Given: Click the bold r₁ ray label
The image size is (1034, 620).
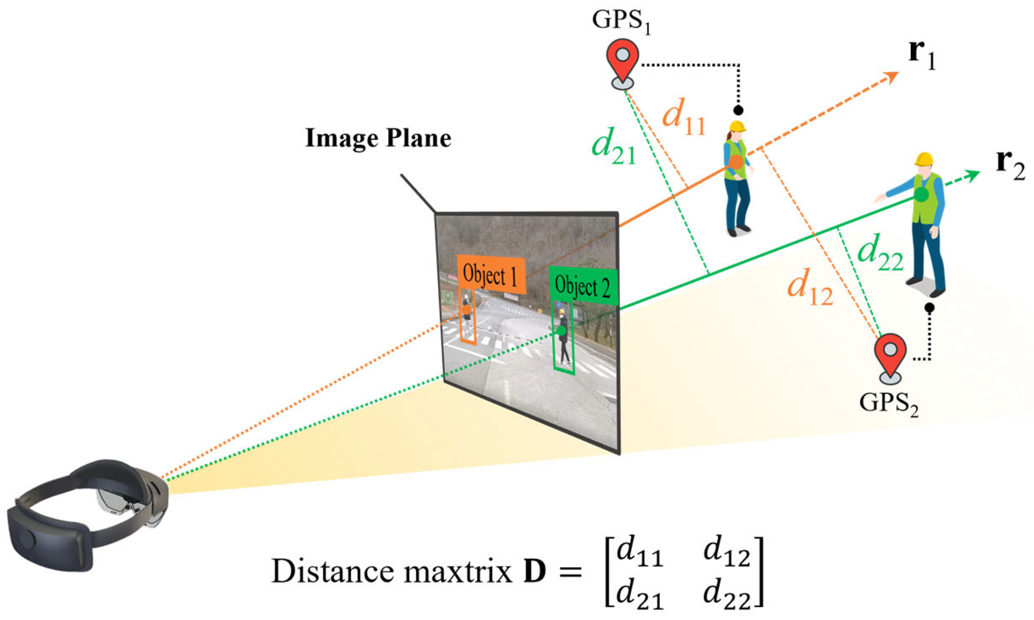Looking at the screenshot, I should tap(922, 54).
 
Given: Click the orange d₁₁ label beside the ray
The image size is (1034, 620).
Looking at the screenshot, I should tap(683, 116).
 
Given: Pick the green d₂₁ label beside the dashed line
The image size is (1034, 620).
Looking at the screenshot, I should tap(613, 147).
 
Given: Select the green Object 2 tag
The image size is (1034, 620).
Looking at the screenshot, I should tap(583, 286).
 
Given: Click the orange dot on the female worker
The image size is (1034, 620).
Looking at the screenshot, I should tap(736, 162).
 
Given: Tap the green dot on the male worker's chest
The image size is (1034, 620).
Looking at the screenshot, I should tap(921, 194).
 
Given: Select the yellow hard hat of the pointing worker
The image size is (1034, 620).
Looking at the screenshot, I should tap(923, 159).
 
